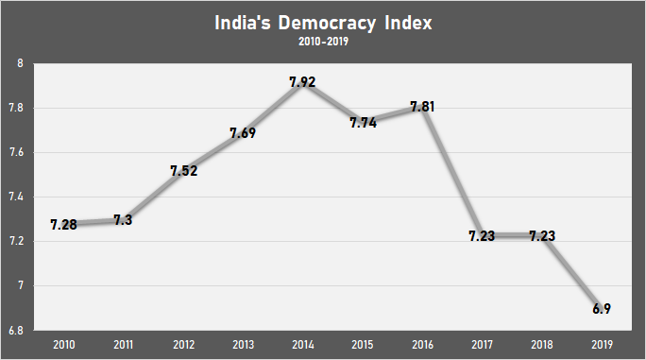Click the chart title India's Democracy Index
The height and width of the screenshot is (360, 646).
tap(323, 24)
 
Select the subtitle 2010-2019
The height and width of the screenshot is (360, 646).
tap(323, 43)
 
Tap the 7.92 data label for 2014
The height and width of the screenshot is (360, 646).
tap(302, 82)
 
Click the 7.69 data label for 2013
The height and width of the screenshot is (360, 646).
tap(243, 133)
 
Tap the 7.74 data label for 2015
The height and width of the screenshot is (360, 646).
tap(362, 123)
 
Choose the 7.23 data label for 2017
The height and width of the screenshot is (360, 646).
tap(481, 235)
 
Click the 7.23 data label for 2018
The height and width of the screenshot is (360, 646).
tap(541, 235)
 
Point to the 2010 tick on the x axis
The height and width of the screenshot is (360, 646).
tap(63, 344)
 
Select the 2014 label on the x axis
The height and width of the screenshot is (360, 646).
tap(302, 344)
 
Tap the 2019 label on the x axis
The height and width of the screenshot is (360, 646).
tap(601, 344)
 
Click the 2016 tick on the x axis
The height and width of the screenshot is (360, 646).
tap(421, 344)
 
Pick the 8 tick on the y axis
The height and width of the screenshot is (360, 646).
tap(21, 64)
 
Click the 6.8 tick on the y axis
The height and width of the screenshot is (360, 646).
tap(16, 330)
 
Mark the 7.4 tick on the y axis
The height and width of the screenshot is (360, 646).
tap(16, 197)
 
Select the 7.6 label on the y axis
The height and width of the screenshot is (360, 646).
tap(16, 153)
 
